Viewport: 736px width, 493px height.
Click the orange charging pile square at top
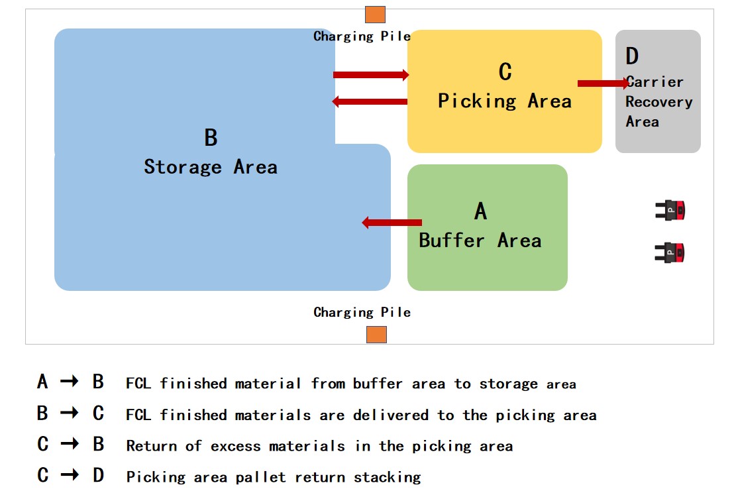coord(375,15)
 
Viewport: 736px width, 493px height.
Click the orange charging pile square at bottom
coord(376,335)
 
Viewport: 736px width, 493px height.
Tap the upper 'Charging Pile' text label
coord(362,36)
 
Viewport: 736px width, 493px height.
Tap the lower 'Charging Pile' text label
coord(362,312)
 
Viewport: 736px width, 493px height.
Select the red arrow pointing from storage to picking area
coord(371,75)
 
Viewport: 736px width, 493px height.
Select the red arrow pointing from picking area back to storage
coord(370,101)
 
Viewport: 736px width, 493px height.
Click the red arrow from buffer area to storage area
coord(392,223)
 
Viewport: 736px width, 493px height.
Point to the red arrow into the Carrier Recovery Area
coord(604,83)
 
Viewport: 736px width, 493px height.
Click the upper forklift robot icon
coord(670,211)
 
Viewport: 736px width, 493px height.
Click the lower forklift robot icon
coord(670,252)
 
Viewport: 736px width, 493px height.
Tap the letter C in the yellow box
coord(505,72)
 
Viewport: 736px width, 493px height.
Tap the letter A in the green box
coord(481,211)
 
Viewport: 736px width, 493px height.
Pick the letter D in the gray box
coord(632,56)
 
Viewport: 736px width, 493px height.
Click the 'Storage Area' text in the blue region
coord(211,167)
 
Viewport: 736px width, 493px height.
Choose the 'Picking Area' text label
coord(504,101)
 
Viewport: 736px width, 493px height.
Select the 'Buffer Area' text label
coord(480,240)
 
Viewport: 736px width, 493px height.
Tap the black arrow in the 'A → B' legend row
coord(70,382)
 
